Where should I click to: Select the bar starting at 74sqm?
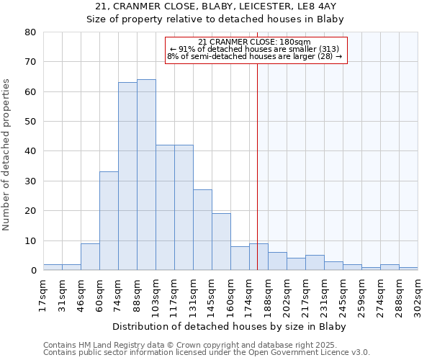coord(127,176)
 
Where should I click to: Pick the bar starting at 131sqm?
coord(202,230)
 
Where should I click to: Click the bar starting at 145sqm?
coord(221,242)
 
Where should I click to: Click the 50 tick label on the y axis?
coord(31,122)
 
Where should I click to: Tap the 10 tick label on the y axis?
coord(31,240)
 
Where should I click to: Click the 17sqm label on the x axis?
coord(43,295)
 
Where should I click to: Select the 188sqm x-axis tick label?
coord(268,295)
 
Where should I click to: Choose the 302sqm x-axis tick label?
coord(418,295)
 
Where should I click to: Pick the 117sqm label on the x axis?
coord(174,295)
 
